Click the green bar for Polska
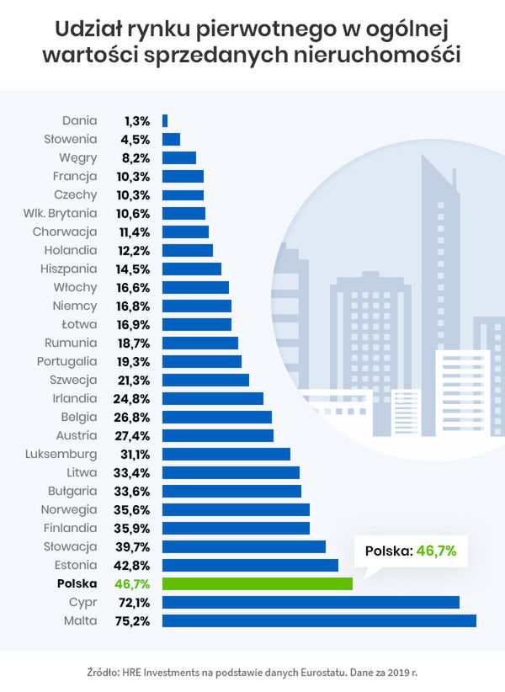[258, 583]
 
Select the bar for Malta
[319, 620]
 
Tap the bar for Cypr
[311, 602]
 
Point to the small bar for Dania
[165, 120]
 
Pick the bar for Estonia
[250, 565]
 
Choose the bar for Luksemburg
[226, 454]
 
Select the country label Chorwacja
[65, 232]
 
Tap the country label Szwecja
[73, 380]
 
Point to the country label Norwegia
[69, 509]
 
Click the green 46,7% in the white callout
[436, 551]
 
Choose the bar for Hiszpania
[192, 269]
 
